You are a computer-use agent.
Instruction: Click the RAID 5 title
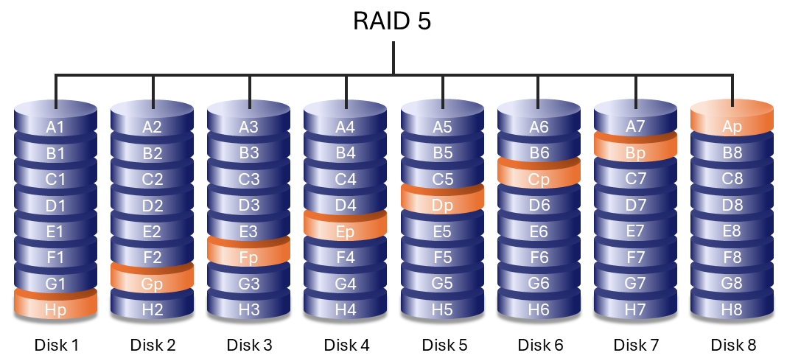[x=393, y=21]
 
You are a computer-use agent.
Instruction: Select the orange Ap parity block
[x=732, y=127]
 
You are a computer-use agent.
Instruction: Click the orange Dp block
[x=442, y=206]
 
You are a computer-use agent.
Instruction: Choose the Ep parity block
[x=345, y=231]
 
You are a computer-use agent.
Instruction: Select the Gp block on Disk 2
[x=153, y=284]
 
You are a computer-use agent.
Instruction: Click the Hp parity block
[x=56, y=310]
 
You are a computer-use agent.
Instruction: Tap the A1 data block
[x=56, y=127]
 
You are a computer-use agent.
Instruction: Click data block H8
[x=732, y=310]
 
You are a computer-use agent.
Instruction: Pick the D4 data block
[x=345, y=206]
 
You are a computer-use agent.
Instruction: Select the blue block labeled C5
[x=442, y=179]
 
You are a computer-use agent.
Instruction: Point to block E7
[x=635, y=231]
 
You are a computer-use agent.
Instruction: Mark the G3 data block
[x=249, y=284]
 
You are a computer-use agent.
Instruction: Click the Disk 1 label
[x=56, y=345]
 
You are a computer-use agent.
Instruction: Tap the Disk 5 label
[x=444, y=345]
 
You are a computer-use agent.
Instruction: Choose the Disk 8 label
[x=733, y=345]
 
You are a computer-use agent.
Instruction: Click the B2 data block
[x=153, y=153]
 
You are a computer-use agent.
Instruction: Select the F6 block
[x=539, y=258]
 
